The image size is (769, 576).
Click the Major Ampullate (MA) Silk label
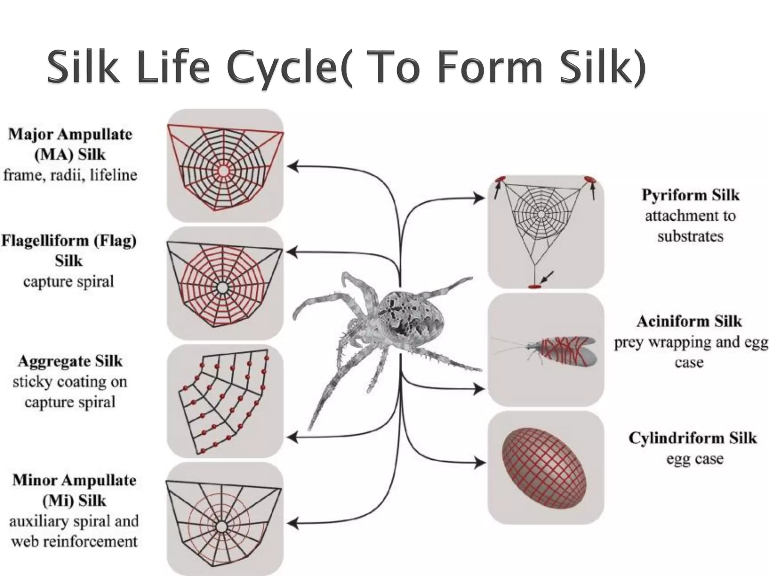coord(70,144)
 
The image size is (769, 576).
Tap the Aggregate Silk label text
coord(70,361)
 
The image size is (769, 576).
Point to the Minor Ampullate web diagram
coord(223,520)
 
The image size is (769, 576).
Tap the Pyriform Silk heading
coord(690,195)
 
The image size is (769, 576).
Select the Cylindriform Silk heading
coord(692,438)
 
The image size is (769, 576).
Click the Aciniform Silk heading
coord(689,321)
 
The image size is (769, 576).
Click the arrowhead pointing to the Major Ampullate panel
coord(293,166)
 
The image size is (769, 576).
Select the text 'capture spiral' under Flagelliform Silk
coord(68,282)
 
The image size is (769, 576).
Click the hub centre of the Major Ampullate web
coord(223,171)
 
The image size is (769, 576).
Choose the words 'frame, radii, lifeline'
coord(70,175)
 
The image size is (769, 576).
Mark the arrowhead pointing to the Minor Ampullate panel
coord(293,523)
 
